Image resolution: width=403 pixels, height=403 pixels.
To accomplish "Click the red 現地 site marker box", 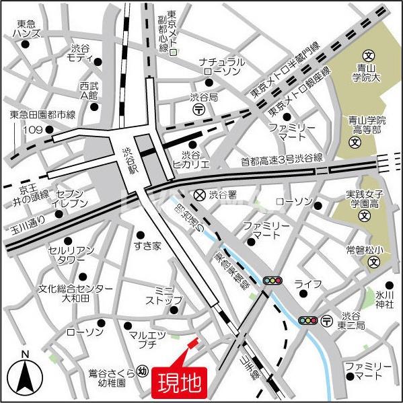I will (x=179, y=381).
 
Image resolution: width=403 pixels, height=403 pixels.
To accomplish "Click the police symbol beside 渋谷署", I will (x=199, y=194).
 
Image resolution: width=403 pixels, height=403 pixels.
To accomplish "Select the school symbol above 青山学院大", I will (x=368, y=55).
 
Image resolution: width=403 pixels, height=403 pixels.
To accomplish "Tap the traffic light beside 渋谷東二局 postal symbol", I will (x=308, y=321).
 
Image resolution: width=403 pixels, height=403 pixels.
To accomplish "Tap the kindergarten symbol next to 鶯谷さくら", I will (x=142, y=370).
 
